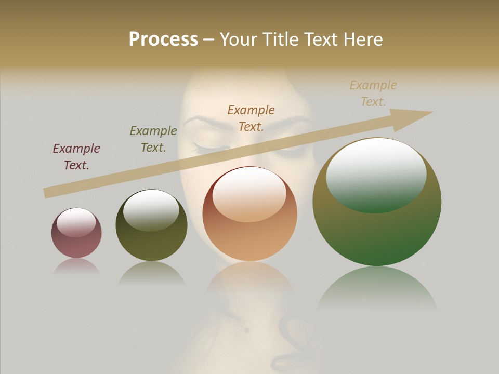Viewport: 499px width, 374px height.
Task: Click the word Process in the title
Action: click(163, 39)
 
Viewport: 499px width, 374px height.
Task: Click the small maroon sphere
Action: click(76, 244)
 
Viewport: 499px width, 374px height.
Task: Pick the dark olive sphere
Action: click(151, 244)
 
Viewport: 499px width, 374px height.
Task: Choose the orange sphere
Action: click(249, 239)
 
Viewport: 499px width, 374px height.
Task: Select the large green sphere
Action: click(377, 234)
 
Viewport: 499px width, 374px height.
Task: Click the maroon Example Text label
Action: click(76, 157)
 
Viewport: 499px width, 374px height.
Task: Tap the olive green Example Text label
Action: click(153, 139)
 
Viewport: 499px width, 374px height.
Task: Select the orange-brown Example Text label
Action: click(251, 118)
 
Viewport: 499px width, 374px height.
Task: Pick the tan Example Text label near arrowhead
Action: click(373, 94)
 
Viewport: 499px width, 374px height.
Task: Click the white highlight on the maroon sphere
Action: click(76, 222)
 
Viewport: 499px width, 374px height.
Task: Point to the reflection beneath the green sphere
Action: click(377, 288)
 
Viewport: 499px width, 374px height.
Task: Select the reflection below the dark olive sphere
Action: click(151, 273)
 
